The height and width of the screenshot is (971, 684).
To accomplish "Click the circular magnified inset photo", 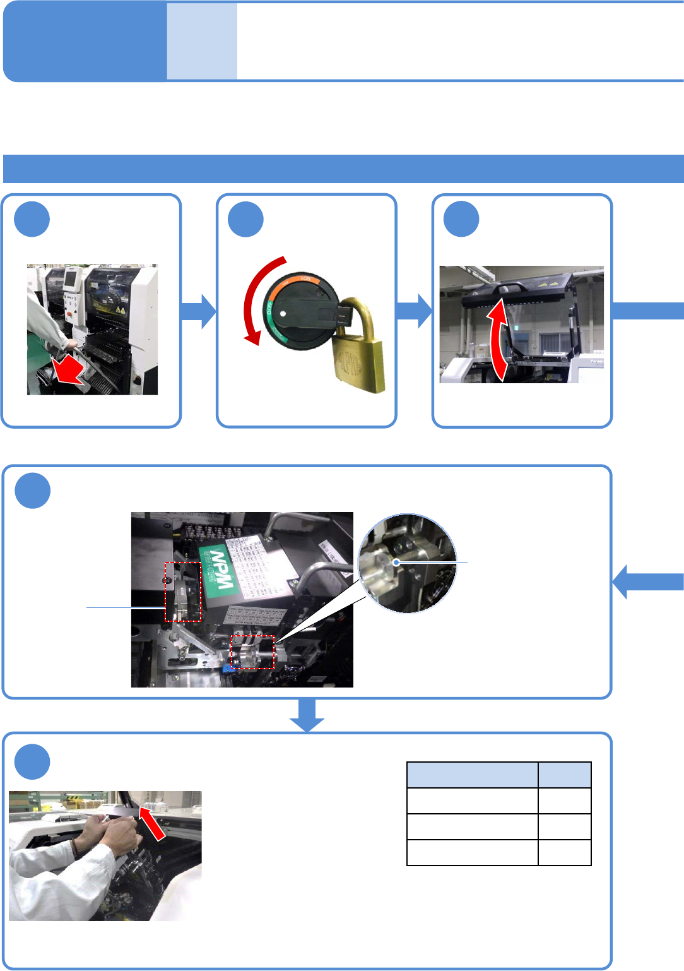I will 407,563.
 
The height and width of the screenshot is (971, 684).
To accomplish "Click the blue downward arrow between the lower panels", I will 307,715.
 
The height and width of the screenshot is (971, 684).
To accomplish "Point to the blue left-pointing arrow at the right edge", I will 647,581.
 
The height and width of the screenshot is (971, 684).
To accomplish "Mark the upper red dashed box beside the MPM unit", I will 183,592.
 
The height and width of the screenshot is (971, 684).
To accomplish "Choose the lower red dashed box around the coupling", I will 252,652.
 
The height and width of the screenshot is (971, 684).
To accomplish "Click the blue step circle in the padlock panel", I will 245,219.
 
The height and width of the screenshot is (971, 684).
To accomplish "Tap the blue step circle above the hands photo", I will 32,762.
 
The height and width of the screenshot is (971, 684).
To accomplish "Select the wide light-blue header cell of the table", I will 473,775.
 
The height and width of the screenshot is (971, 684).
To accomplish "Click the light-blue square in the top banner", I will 202,42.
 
